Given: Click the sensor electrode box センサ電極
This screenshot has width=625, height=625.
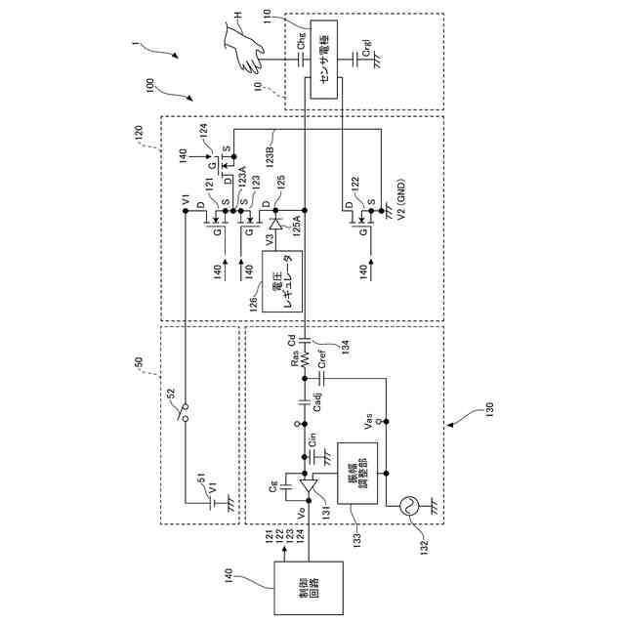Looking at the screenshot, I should pos(325,58).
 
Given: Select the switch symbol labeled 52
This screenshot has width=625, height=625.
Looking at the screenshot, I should pos(182,416).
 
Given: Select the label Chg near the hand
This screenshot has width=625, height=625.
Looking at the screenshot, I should pos(301,43).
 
